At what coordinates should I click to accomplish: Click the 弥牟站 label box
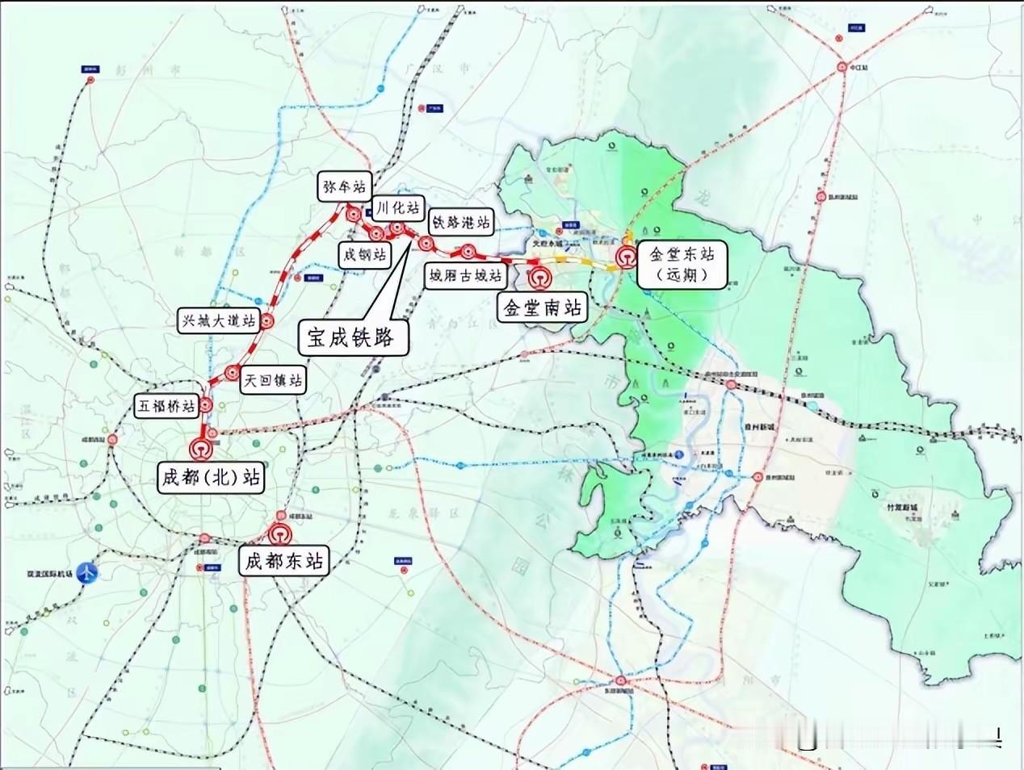(x=344, y=187)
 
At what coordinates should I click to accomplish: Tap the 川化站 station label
(x=397, y=207)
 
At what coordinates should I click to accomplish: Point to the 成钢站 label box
(x=364, y=256)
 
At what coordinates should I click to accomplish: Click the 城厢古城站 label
(x=465, y=276)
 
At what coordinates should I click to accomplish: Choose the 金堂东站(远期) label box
(x=682, y=264)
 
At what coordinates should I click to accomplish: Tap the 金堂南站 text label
(x=542, y=308)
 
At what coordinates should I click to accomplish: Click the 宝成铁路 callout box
(x=354, y=337)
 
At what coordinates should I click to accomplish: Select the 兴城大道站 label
(x=218, y=320)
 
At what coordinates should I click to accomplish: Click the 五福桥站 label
(x=166, y=406)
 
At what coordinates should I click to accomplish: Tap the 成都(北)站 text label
(x=212, y=477)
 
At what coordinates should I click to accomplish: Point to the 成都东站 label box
(x=284, y=560)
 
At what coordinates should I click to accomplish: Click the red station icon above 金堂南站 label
(x=539, y=277)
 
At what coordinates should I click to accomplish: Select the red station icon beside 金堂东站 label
(x=625, y=257)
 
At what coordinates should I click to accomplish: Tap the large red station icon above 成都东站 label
(x=279, y=534)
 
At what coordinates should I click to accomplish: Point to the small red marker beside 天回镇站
(x=233, y=372)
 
